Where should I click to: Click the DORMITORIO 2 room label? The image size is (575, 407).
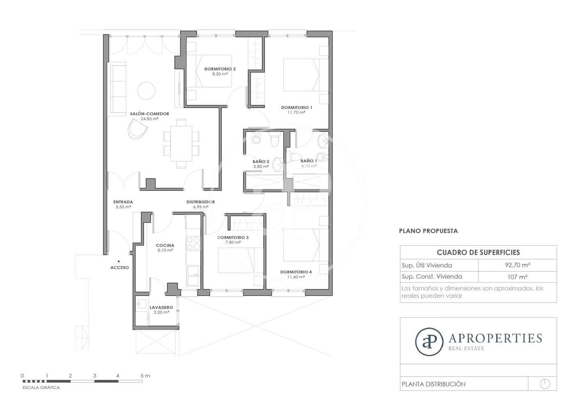click(220, 69)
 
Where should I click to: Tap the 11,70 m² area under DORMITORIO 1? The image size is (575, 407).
click(296, 112)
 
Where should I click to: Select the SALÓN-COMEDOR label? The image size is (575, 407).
click(149, 114)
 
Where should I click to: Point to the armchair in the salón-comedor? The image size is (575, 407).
click(137, 129)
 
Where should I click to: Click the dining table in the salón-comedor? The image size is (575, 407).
click(181, 143)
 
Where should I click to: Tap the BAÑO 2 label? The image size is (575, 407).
click(261, 162)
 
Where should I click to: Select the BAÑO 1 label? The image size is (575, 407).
click(308, 161)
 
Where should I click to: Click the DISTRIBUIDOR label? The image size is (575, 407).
click(200, 202)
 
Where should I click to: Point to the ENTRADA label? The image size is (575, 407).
click(123, 202)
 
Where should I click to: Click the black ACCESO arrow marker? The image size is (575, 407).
click(119, 261)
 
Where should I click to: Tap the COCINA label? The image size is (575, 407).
click(165, 245)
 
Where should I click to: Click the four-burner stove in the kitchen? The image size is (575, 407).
click(193, 243)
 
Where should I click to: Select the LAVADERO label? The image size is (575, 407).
click(161, 308)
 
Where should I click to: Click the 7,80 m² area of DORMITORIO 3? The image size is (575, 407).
click(232, 243)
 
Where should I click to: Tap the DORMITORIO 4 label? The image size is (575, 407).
click(296, 272)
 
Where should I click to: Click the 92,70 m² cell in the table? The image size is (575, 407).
click(517, 265)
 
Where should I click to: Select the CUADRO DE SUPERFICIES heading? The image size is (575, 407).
click(478, 252)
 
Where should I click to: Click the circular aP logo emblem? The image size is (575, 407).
click(429, 341)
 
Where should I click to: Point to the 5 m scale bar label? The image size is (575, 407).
click(145, 376)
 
